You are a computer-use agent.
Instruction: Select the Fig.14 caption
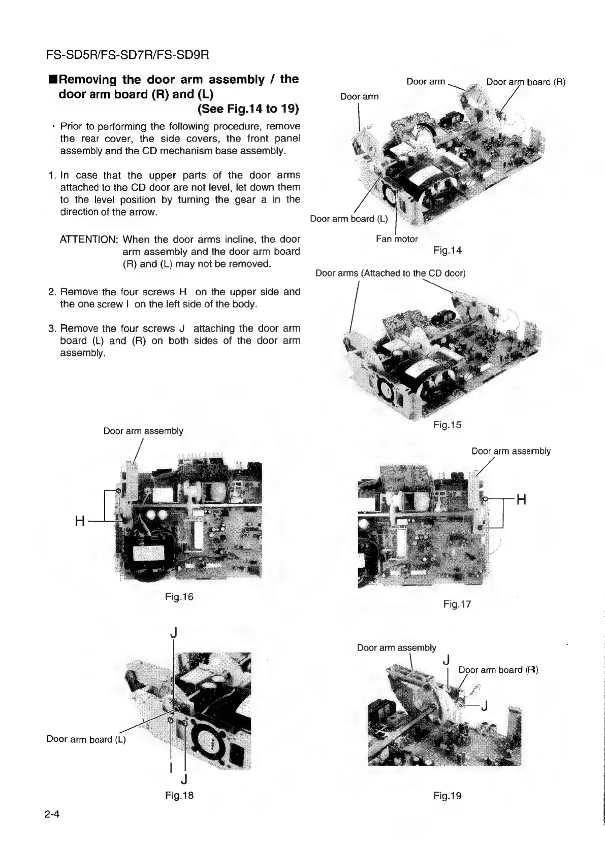click(x=448, y=250)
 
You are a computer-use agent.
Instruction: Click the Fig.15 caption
click(x=448, y=425)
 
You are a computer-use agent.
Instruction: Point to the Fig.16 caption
click(x=179, y=597)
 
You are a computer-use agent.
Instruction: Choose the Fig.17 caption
click(x=457, y=604)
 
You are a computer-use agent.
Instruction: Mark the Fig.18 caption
click(x=179, y=795)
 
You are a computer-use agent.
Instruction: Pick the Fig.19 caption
click(x=448, y=796)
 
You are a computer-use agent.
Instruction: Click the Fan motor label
click(x=397, y=239)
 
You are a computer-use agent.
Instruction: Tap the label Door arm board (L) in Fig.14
click(x=349, y=219)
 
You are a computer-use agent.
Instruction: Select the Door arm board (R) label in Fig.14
click(x=526, y=82)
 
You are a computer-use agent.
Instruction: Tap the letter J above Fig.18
click(x=174, y=633)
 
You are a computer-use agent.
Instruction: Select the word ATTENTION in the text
click(x=89, y=239)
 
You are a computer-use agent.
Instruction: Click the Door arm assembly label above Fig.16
click(x=143, y=431)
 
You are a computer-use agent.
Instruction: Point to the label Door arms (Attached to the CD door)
click(x=390, y=274)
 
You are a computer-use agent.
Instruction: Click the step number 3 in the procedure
click(x=51, y=328)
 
